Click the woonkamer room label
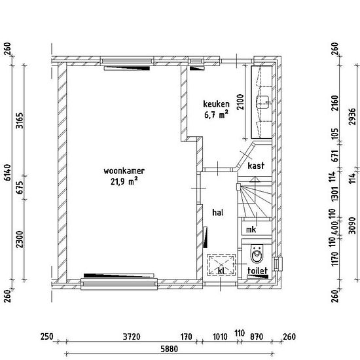(124, 171)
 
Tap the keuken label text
(216, 104)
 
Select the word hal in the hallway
(218, 212)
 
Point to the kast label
(256, 166)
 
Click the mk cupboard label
(251, 230)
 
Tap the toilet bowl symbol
(257, 254)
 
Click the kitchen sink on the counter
(262, 102)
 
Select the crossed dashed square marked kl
(221, 264)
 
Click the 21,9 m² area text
(124, 181)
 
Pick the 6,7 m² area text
(216, 115)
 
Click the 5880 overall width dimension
(170, 349)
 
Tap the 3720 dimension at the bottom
(132, 337)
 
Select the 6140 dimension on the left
(8, 172)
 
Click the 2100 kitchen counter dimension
(240, 102)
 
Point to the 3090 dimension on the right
(352, 225)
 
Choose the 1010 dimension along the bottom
(220, 337)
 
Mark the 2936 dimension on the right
(352, 117)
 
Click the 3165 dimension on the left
(20, 120)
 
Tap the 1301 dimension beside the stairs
(335, 194)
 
